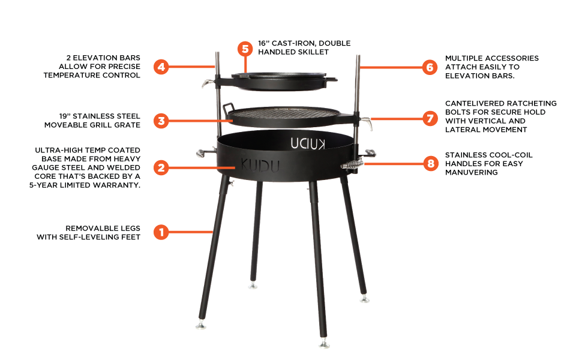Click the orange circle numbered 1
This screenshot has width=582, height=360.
[x=160, y=232]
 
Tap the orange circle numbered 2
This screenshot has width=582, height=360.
[x=160, y=167]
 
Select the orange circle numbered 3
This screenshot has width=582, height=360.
[x=160, y=121]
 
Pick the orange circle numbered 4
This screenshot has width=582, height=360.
[x=160, y=67]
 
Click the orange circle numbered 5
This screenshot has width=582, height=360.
[x=244, y=49]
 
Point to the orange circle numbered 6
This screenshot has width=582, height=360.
[x=429, y=67]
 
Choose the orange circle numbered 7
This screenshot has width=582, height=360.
[x=429, y=118]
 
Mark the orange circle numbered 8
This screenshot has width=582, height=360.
[x=429, y=163]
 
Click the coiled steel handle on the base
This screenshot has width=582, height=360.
[x=350, y=164]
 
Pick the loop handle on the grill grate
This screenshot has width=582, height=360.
[x=228, y=108]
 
